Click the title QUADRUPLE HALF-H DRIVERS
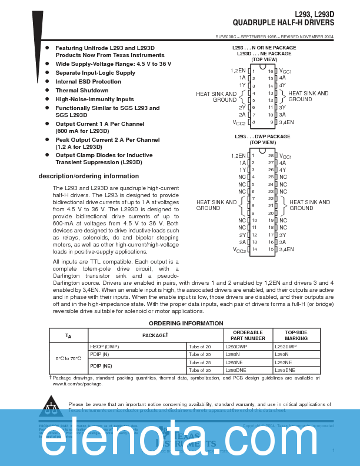(x=284, y=23)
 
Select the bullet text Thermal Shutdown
(x=82, y=91)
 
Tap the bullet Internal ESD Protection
(x=88, y=82)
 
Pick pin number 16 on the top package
(x=271, y=71)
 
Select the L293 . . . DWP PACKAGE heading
(x=262, y=137)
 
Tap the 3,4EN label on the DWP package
(x=287, y=249)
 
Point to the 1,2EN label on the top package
(x=238, y=71)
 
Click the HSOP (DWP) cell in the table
(x=103, y=347)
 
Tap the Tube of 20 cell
(x=200, y=347)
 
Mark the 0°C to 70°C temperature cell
(x=68, y=358)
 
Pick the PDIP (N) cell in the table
(x=99, y=355)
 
